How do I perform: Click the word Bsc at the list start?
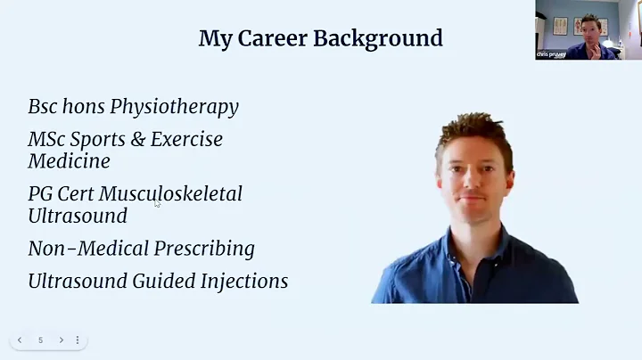(42, 107)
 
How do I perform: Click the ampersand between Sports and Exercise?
(136, 139)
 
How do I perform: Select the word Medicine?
(69, 161)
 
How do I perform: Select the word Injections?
(248, 281)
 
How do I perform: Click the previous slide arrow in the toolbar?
(20, 340)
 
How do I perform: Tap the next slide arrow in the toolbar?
(61, 340)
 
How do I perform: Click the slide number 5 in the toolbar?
(40, 340)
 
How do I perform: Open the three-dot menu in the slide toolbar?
(78, 340)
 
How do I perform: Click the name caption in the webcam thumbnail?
(551, 54)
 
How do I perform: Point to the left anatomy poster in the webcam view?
(560, 26)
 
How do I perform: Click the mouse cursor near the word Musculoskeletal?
(157, 203)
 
